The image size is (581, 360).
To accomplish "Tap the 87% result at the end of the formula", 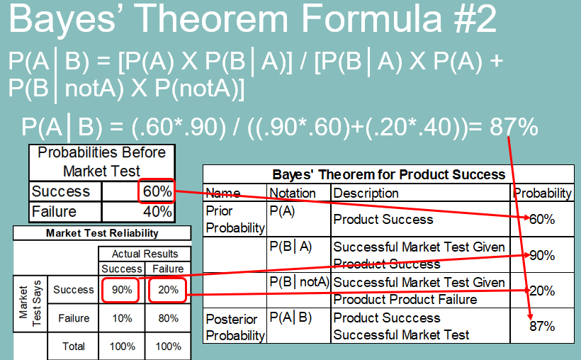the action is click(x=514, y=127).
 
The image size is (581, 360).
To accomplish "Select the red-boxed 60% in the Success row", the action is click(x=157, y=191).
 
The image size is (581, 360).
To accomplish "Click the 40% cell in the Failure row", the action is click(x=157, y=212).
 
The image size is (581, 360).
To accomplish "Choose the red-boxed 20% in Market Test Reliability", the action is click(x=167, y=290).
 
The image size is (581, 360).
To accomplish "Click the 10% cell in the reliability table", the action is click(x=122, y=318).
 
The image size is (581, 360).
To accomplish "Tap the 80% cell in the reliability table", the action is click(x=168, y=318).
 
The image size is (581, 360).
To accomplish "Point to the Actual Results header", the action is click(x=145, y=254).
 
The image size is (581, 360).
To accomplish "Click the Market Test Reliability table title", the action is click(x=102, y=233).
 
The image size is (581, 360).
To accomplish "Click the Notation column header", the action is click(x=293, y=193).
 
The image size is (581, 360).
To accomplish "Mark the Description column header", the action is click(x=366, y=193).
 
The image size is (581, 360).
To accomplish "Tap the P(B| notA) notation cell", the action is click(x=299, y=282).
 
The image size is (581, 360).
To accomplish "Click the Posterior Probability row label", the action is click(x=235, y=327).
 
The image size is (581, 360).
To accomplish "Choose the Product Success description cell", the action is click(x=383, y=220).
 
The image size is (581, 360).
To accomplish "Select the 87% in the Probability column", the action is click(x=542, y=326).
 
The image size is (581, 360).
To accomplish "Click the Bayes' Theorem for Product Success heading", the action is click(x=389, y=174).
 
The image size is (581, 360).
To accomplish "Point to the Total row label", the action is click(x=74, y=347).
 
